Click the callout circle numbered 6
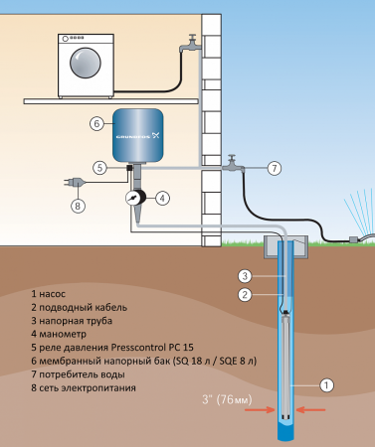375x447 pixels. (x=96, y=124)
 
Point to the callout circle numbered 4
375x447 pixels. (x=163, y=198)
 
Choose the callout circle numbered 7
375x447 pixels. (x=275, y=168)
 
